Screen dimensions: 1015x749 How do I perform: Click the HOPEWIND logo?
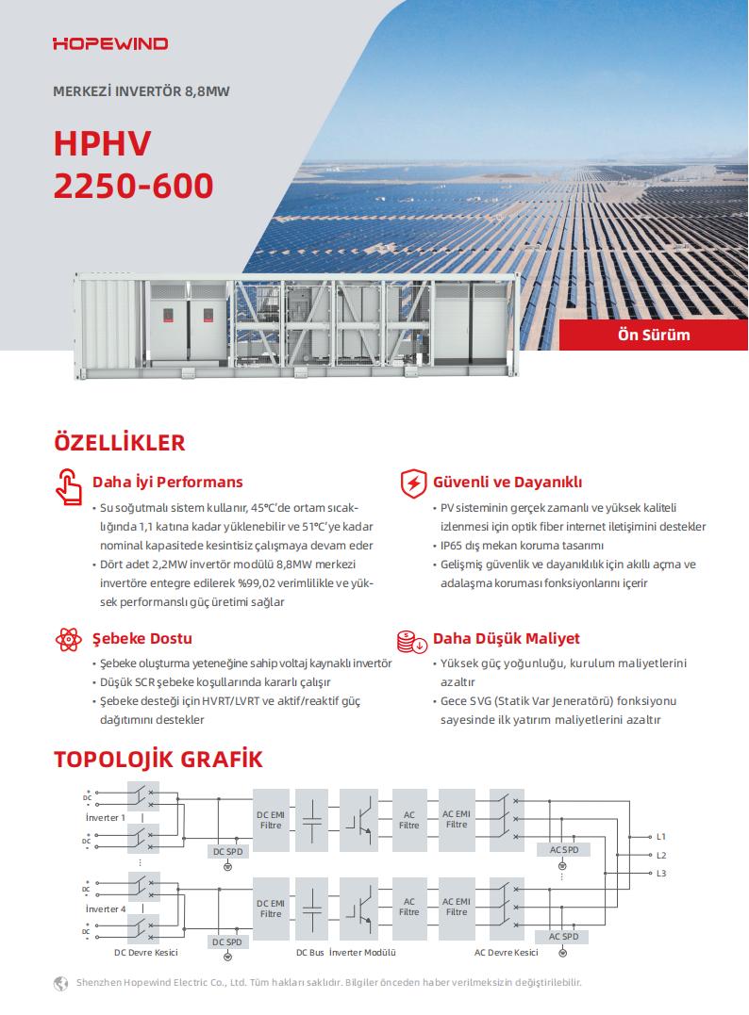point(110,43)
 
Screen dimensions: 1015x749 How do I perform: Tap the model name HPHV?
point(103,142)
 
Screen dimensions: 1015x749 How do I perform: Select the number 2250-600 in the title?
point(133,186)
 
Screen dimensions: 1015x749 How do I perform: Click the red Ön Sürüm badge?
point(653,335)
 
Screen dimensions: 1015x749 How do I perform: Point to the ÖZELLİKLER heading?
point(119,443)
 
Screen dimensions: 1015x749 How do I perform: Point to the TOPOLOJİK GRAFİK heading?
point(158,759)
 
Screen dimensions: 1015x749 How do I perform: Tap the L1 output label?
point(661,837)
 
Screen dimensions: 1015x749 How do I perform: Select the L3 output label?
point(661,874)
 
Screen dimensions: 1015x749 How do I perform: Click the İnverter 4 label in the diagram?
point(105,909)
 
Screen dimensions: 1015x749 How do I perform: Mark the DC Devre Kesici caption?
point(146,952)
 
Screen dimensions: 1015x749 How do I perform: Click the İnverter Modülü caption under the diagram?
point(362,952)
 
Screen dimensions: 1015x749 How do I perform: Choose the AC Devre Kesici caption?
point(507,952)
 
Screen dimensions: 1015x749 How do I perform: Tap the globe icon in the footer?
point(62,983)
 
